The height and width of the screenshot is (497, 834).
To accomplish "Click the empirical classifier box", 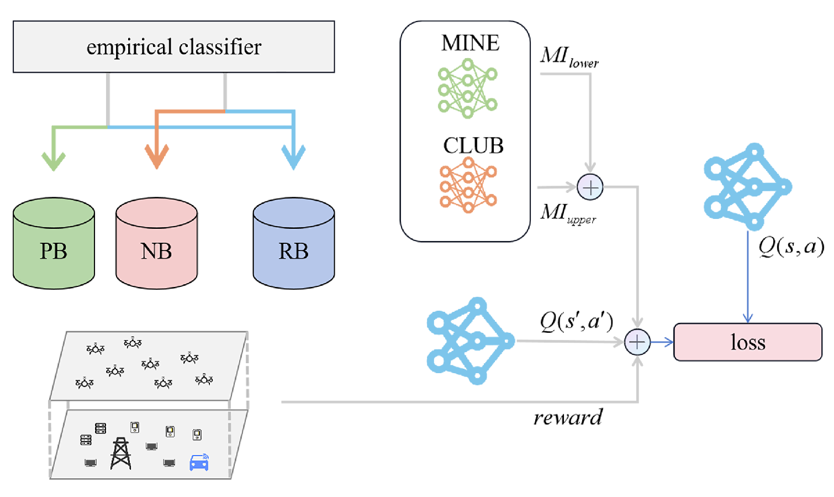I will coord(173,47).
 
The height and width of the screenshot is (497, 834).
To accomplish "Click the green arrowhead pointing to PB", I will coord(54,160).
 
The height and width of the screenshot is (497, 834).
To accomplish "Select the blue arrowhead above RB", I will coord(293,157).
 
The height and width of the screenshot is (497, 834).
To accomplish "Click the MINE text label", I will coord(470,43).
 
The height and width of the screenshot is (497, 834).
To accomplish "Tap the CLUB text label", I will coord(473,145).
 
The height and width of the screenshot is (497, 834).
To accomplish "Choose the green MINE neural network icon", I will coord(467,89).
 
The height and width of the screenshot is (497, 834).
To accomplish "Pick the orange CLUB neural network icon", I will coord(468,185).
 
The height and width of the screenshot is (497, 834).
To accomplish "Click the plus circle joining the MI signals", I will coord(590,187).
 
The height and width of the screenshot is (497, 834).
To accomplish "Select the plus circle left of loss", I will coord(637,342).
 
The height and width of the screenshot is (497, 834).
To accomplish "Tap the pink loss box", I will coord(747,342).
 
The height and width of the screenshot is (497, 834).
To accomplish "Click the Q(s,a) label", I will coord(791,246).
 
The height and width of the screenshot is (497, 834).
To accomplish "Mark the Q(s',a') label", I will coord(576,321).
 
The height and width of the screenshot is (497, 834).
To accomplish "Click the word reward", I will coord(568,417).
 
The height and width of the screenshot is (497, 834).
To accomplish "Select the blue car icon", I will coord(199,462).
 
